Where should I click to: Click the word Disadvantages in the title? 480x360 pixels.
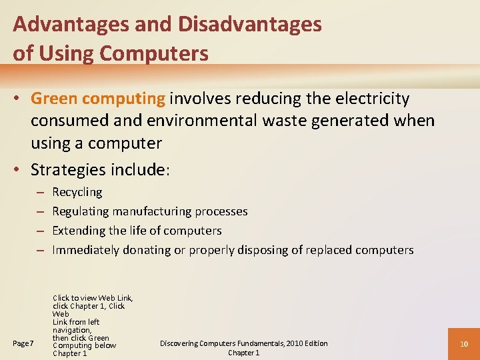pos(249,25)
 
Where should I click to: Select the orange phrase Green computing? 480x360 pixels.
pos(98,99)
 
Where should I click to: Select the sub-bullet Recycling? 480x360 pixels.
pos(77,193)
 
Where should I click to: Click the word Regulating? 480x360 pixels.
pos(81,212)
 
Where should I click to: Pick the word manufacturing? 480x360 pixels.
pos(151,212)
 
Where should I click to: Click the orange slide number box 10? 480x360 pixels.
pos(465,343)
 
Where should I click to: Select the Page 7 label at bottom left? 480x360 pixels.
pos(23,343)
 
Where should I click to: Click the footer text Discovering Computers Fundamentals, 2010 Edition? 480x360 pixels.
pos(243,343)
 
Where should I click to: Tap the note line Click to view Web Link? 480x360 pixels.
pos(92,298)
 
